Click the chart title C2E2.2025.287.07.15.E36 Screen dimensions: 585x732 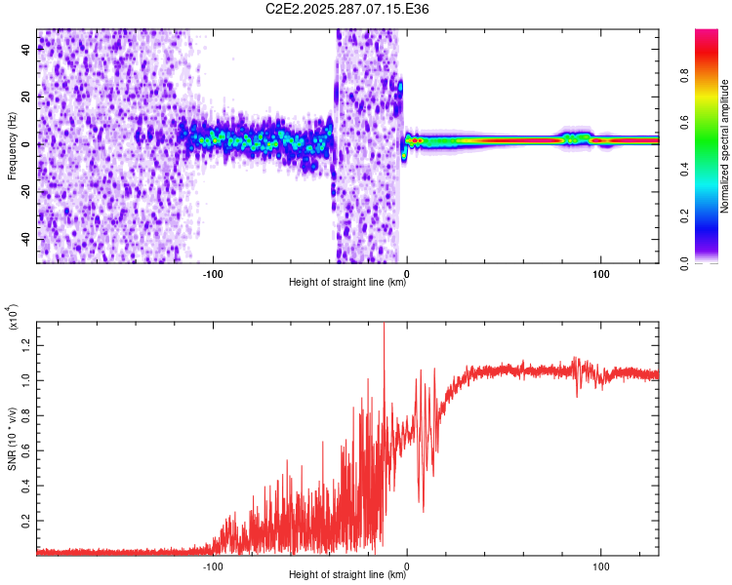pyautogui.click(x=347, y=9)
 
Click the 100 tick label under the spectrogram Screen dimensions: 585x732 pyautogui.click(x=601, y=273)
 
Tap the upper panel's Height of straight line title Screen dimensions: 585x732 pyautogui.click(x=347, y=283)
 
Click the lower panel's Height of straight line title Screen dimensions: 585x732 pyautogui.click(x=347, y=575)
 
